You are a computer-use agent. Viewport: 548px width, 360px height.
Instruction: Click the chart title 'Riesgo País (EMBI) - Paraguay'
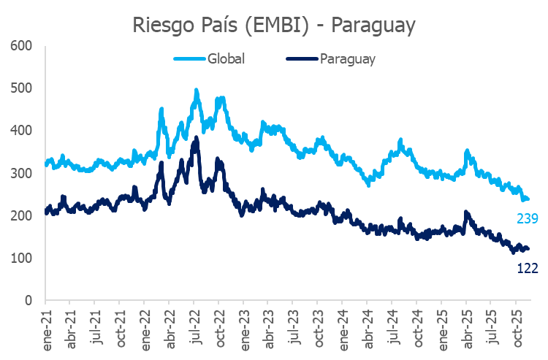[x=274, y=25]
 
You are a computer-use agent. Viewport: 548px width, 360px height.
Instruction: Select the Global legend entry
[x=226, y=59]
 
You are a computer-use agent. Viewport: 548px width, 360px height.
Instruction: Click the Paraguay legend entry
[x=347, y=59]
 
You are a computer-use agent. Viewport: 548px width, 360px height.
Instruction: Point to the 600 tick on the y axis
[x=23, y=46]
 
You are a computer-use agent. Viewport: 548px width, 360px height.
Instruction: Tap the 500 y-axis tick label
[x=23, y=88]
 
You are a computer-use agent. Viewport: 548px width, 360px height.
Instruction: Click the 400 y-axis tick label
[x=23, y=131]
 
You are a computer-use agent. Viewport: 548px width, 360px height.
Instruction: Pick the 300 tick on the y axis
[x=23, y=173]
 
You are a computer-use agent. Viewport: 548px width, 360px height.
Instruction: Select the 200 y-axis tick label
[x=23, y=215]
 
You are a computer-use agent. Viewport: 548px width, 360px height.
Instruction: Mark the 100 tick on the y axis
[x=23, y=258]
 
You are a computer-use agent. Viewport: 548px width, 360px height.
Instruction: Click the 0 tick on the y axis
[x=28, y=300]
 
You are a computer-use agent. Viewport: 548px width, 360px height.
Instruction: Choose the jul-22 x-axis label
[x=194, y=322]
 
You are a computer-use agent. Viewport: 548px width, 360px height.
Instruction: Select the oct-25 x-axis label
[x=515, y=323]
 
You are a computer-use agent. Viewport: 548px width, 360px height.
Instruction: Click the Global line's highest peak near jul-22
[x=196, y=91]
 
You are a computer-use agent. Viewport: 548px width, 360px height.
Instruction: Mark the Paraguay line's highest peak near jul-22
[x=196, y=138]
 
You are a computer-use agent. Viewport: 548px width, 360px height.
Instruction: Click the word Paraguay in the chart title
[x=373, y=25]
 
